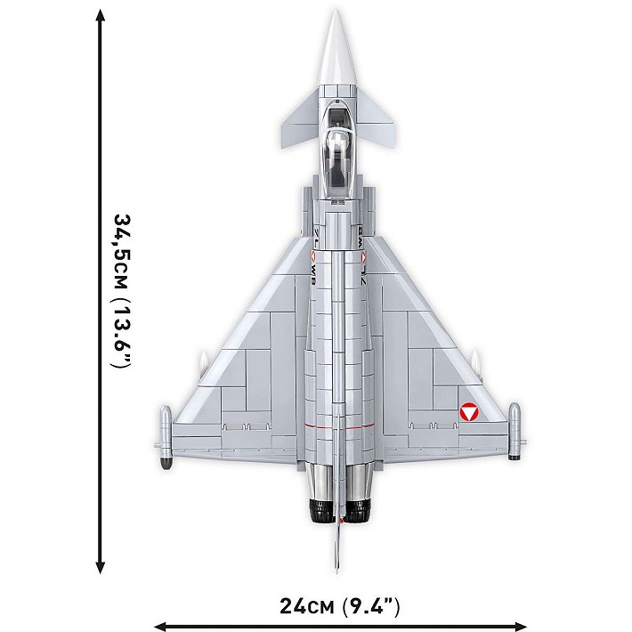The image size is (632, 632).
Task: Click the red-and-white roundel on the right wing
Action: pos(469,412)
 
